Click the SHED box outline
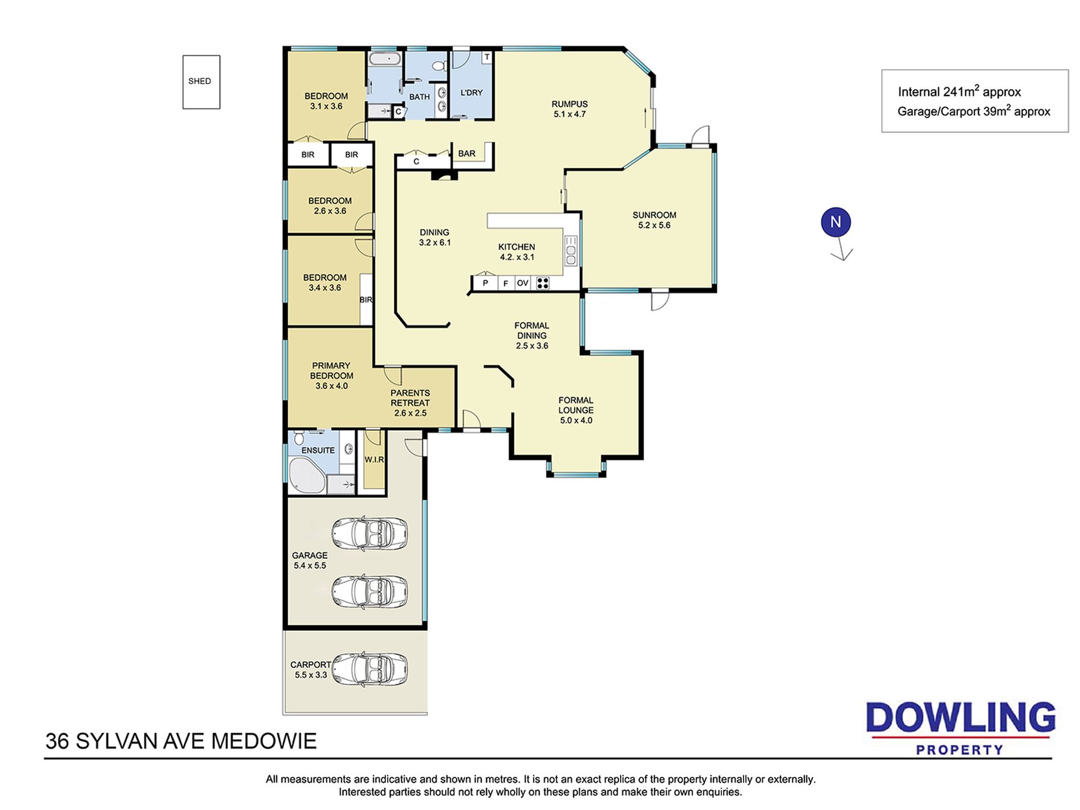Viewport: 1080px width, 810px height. [183, 82]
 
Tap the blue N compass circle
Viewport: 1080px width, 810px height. [836, 222]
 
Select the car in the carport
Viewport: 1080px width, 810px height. [369, 669]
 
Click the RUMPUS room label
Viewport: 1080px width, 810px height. [570, 104]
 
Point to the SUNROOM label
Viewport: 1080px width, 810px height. [654, 215]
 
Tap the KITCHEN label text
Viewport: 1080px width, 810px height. [517, 247]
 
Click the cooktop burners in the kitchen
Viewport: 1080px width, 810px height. [542, 283]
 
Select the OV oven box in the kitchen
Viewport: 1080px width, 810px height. [522, 283]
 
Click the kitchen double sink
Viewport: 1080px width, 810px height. [571, 251]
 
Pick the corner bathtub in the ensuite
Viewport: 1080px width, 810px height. [306, 476]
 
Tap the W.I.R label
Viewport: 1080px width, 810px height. [374, 459]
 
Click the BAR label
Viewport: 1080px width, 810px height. [467, 153]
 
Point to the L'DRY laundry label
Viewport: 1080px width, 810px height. [471, 93]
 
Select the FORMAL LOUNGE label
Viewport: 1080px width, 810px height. [576, 405]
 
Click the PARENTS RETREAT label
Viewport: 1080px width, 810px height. [410, 398]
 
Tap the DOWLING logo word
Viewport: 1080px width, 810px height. [961, 717]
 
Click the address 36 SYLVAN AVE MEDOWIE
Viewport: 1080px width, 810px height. [181, 741]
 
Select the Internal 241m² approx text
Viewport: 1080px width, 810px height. [959, 91]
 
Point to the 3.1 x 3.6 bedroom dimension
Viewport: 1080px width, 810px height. [326, 106]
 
